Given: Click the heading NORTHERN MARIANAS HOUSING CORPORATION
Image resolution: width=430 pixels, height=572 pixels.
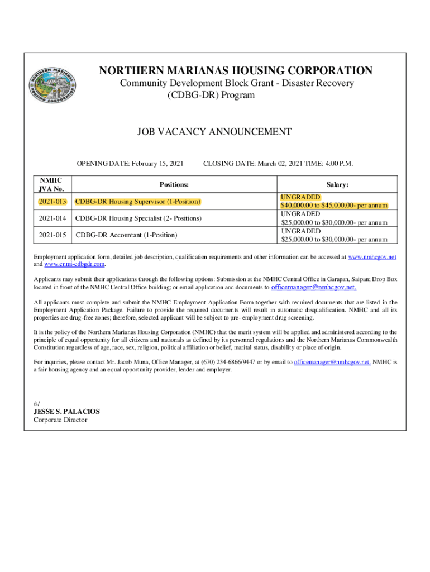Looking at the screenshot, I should point(236,71).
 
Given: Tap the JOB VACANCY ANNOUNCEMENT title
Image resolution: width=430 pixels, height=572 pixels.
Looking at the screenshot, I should point(214,132).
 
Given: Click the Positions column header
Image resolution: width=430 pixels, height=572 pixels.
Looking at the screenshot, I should point(174,184).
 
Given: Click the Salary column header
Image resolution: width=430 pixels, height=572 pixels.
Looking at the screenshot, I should point(337,184).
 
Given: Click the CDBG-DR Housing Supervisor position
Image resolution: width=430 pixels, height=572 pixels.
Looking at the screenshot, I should point(137,201).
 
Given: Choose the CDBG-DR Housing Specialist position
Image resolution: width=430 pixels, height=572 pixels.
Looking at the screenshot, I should point(138,218).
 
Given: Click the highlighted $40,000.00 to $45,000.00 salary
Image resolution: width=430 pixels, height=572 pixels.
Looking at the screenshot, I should point(334,206).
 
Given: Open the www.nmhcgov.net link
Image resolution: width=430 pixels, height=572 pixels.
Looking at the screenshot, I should point(372,256).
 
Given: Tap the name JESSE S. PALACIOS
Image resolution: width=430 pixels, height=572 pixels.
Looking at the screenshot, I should point(66,412).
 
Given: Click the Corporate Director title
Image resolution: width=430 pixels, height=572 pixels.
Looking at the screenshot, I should point(60,420).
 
